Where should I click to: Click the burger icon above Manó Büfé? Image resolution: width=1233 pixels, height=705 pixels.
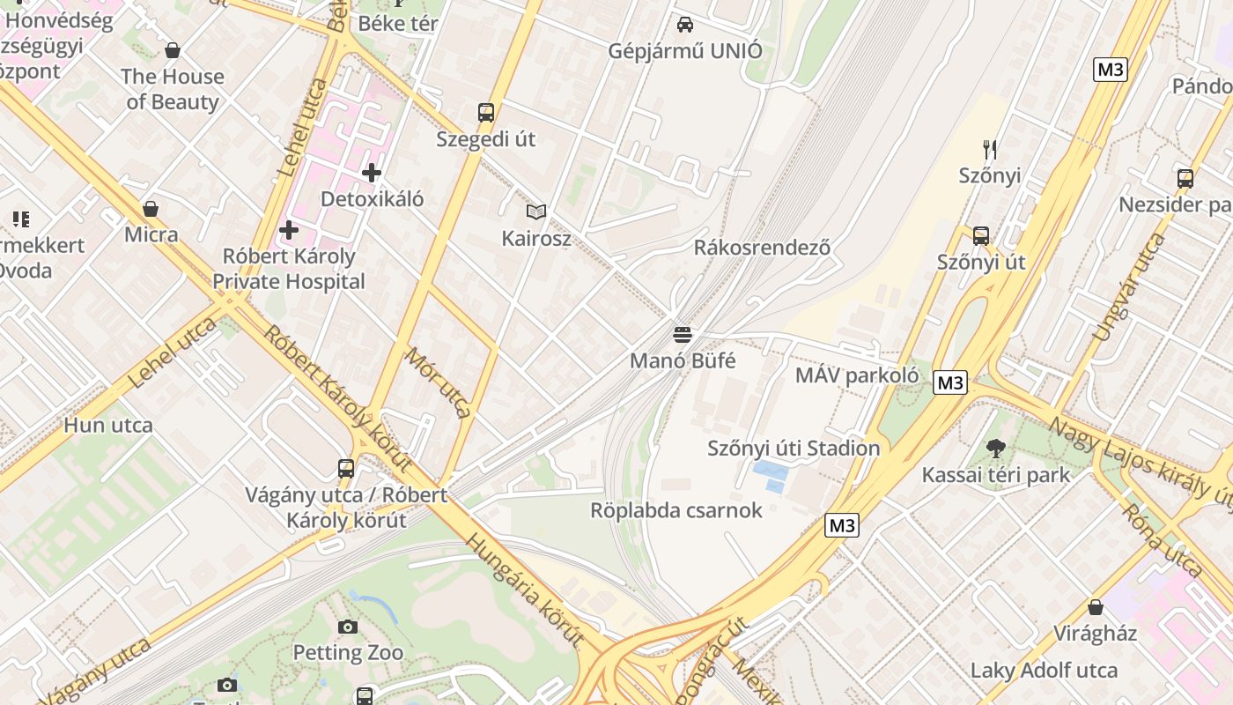[x=683, y=335]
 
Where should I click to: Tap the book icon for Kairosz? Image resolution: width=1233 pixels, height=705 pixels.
[x=536, y=211]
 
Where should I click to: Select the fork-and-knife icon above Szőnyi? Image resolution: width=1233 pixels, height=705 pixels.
[x=990, y=149]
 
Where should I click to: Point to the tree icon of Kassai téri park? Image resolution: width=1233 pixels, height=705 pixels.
[x=996, y=449]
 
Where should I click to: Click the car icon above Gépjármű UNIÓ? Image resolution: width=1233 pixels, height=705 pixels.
[x=685, y=25]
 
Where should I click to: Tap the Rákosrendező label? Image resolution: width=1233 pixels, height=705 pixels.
[x=762, y=247]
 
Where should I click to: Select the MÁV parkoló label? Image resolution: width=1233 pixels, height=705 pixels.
[x=856, y=375]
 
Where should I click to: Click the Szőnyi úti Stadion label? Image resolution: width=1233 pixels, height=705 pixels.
[x=794, y=448]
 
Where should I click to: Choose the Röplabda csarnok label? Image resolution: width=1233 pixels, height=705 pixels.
[x=676, y=510]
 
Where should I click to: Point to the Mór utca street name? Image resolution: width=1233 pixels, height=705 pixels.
[x=438, y=381]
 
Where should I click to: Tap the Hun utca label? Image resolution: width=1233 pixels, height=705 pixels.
[x=108, y=425]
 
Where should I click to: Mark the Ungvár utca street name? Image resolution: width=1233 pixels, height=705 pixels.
[x=1127, y=287]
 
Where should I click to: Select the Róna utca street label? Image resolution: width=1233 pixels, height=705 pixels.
[x=1162, y=539]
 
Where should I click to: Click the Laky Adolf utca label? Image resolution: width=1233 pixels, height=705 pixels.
[x=1044, y=670]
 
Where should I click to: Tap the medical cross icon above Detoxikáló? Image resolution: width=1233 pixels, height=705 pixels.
[x=372, y=173]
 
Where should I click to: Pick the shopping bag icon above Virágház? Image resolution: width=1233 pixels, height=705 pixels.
[x=1096, y=607]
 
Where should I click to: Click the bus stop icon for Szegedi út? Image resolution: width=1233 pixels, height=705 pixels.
[x=486, y=113]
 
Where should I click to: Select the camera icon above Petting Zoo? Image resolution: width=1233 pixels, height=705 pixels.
[x=348, y=627]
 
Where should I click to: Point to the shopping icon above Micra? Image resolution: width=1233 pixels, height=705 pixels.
[x=151, y=209]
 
